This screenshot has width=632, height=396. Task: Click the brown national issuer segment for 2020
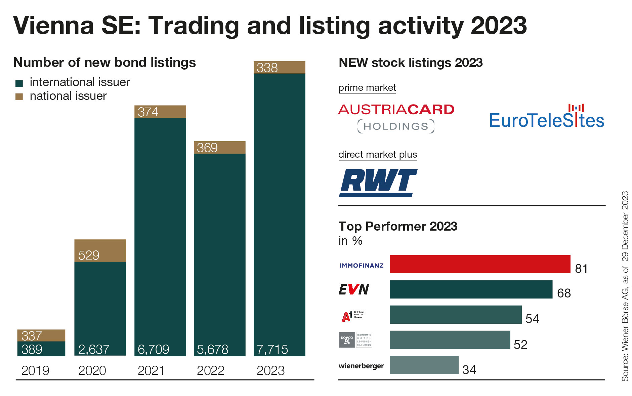tap(100, 250)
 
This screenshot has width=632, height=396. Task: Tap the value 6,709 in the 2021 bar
tap(153, 349)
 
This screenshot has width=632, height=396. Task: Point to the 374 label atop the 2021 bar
tap(148, 112)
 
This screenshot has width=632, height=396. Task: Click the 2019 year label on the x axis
tap(35, 370)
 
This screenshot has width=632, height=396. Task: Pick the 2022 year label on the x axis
tap(210, 370)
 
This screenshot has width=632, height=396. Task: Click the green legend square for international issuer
tap(19, 83)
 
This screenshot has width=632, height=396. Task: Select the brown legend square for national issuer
tap(19, 97)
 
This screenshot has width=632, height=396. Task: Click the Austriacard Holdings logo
tap(396, 118)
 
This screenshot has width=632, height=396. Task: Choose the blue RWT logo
tap(378, 183)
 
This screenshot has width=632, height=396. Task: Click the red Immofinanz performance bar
tap(480, 264)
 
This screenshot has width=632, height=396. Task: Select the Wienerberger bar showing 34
tap(424, 365)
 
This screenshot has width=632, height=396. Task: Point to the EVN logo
tap(353, 289)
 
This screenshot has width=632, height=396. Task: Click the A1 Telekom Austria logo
tap(352, 316)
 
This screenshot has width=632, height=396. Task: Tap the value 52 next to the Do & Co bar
tap(520, 345)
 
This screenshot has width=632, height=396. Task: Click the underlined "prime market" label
tap(367, 88)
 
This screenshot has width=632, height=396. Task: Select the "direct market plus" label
tap(378, 155)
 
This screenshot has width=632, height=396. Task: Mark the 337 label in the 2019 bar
tap(31, 335)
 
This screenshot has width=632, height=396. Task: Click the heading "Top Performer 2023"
tap(398, 226)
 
